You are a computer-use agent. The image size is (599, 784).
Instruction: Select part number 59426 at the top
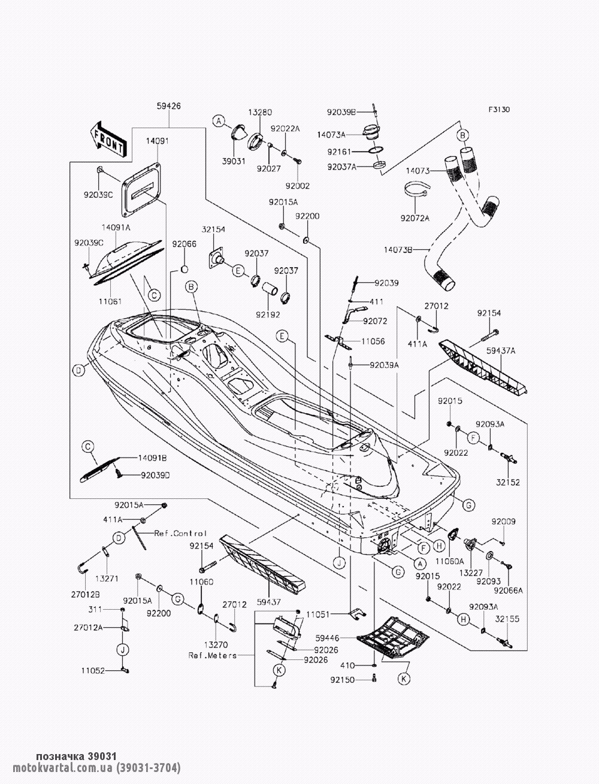[x=169, y=106]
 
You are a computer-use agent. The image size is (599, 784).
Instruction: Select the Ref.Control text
[x=180, y=533]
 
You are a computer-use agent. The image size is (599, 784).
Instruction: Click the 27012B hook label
[x=86, y=594]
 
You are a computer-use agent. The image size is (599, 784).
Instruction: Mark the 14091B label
[x=152, y=457]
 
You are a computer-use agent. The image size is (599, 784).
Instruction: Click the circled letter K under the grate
[x=406, y=679]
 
